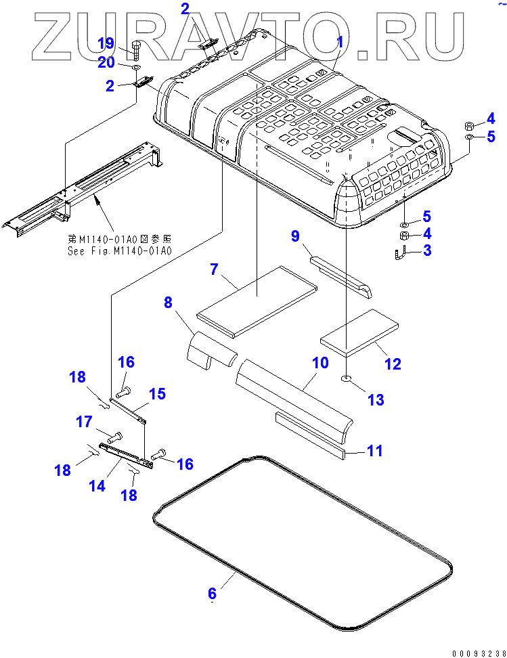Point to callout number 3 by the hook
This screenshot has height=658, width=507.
pos(426,251)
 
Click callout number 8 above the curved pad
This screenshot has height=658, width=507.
pos(168,303)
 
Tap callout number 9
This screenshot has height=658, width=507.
pos(295,236)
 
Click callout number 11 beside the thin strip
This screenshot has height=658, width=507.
pos(374,450)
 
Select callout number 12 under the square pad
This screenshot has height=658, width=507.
pos(393,364)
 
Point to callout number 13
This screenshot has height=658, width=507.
pos(376,399)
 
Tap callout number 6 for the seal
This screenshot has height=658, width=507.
pos(212,593)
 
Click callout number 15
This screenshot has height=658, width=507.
pos(157,393)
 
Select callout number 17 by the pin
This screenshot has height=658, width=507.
pos(84,422)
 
